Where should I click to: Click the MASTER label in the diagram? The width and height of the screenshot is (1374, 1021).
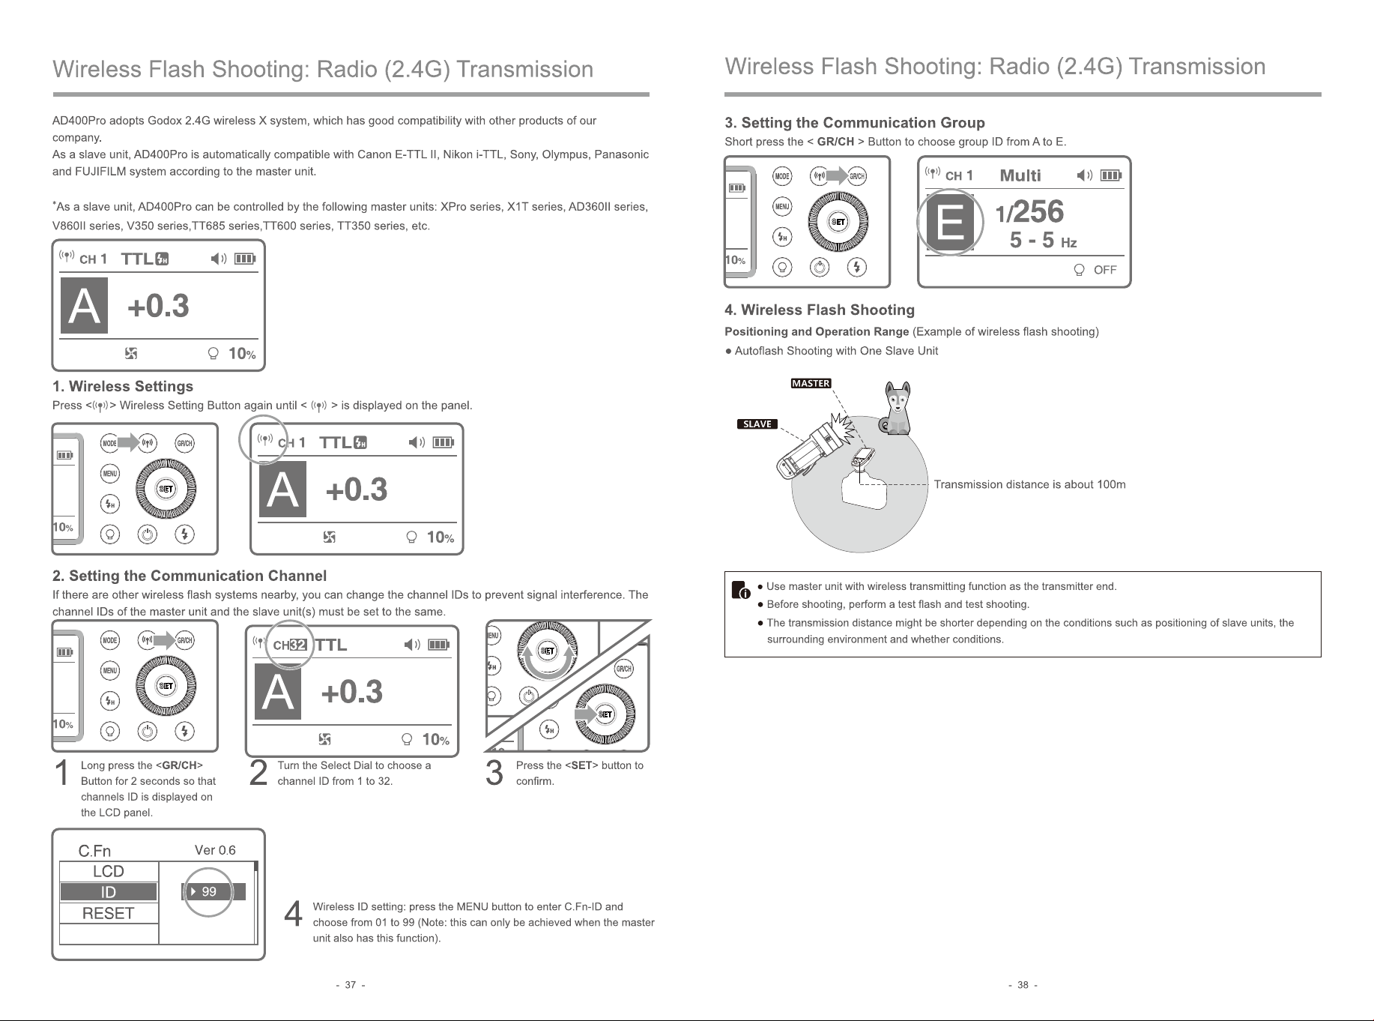point(811,384)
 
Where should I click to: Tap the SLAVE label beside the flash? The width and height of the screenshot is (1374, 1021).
point(757,424)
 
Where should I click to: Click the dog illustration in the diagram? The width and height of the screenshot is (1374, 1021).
point(898,409)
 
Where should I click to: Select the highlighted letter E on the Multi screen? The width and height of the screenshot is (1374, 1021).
point(951,223)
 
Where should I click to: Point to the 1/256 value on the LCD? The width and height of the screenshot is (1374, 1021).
point(1029,212)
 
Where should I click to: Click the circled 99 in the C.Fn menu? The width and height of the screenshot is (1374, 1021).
point(209,892)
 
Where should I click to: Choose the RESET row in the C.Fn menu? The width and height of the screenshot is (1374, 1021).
point(109,913)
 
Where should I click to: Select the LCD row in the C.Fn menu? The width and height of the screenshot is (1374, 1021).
point(109,871)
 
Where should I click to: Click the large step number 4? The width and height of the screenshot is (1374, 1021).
point(294,915)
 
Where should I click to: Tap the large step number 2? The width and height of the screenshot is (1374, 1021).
point(258,773)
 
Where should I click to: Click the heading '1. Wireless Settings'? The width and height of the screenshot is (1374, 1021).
point(123,387)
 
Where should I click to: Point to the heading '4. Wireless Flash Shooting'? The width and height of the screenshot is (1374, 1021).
point(820,310)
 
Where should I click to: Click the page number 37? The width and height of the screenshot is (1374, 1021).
point(351,985)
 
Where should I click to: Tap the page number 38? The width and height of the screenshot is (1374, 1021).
point(1023,985)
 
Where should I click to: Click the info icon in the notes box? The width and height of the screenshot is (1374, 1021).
point(740,590)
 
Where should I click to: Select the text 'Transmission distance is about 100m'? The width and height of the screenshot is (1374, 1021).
point(1029,484)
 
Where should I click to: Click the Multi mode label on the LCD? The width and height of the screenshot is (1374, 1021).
point(1020,175)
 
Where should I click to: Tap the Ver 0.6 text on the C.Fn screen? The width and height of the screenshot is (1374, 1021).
point(215,850)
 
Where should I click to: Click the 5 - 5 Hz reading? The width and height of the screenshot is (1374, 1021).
point(1044,241)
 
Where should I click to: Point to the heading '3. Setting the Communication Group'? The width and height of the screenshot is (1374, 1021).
point(855,123)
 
